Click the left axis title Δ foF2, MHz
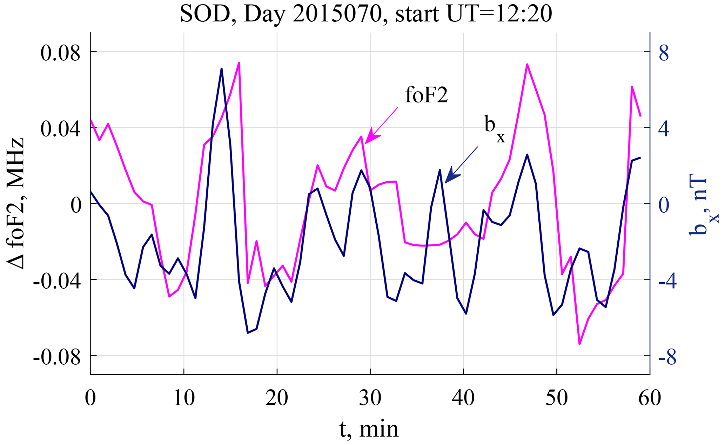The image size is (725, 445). coord(16,203)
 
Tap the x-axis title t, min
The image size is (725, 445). coord(369,429)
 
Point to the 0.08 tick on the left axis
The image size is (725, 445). coord(60,53)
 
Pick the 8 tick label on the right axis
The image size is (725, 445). coord(664,53)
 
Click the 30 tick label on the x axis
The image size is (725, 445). coord(370,398)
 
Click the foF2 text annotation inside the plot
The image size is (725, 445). coord(427,95)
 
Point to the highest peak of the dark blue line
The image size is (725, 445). coord(222,69)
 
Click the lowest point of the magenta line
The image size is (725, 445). coord(579,344)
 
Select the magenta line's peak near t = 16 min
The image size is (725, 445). coord(239,62)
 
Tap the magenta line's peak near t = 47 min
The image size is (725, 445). coord(527,64)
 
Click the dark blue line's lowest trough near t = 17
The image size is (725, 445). coord(248,333)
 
